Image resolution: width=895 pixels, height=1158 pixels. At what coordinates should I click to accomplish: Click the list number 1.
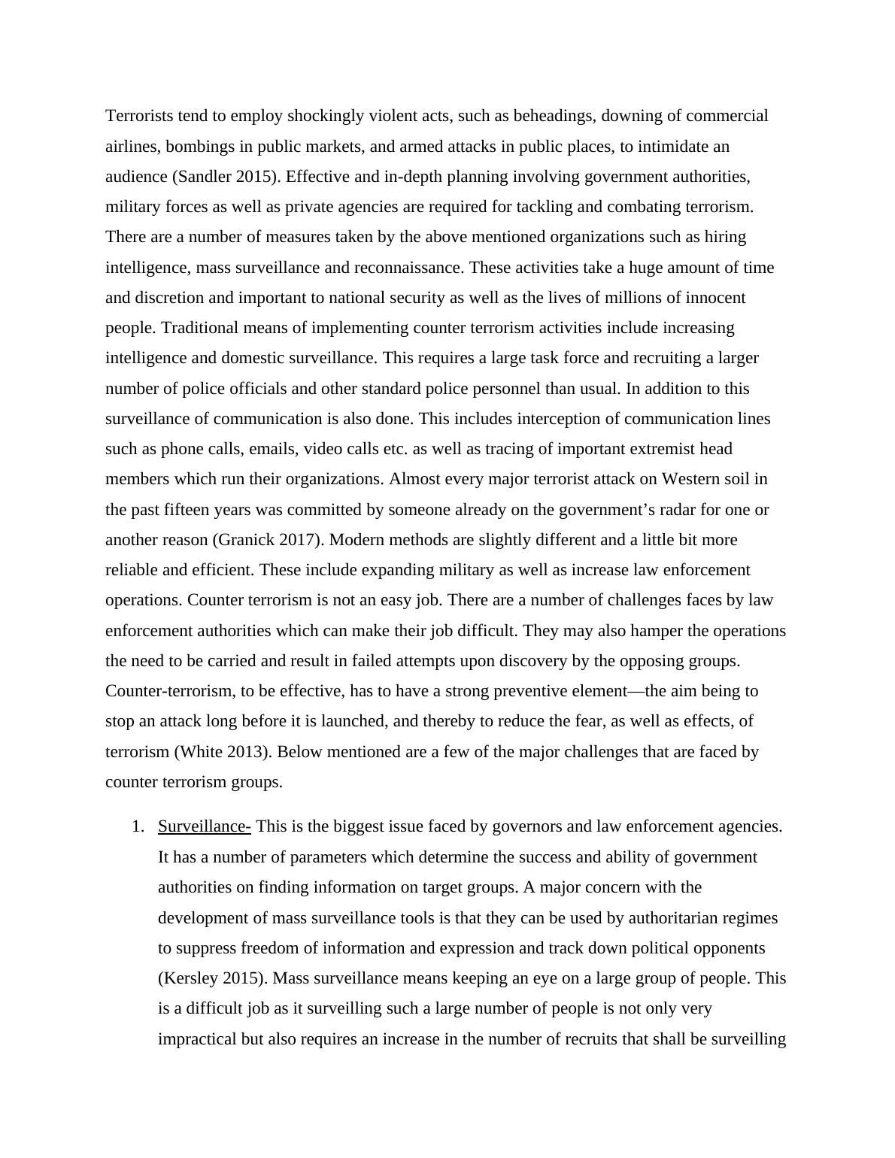[136, 827]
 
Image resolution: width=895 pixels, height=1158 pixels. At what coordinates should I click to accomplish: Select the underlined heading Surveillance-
[204, 827]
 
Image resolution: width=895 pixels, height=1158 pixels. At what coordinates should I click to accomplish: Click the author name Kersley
[191, 979]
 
